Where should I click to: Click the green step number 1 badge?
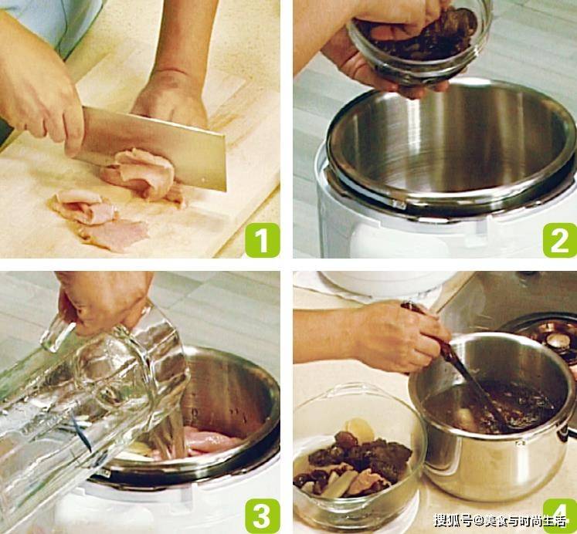[x=263, y=240]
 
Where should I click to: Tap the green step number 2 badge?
[x=560, y=240]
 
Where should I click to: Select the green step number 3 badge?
[x=263, y=515]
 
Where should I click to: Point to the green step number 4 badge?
[x=560, y=515]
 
